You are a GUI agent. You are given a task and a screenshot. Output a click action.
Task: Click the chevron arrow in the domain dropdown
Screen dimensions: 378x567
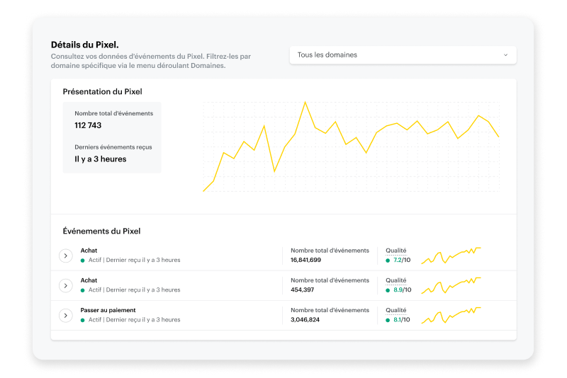pos(505,55)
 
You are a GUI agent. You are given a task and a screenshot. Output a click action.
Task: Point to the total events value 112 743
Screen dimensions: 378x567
pos(88,125)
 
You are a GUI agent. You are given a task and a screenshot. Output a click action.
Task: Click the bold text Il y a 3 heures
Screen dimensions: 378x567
pos(101,159)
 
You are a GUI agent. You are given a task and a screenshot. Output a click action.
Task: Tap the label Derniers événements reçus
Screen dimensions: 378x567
pos(113,147)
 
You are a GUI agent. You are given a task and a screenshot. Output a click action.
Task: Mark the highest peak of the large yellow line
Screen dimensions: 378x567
pos(305,103)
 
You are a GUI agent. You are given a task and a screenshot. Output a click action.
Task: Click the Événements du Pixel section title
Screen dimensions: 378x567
pos(101,231)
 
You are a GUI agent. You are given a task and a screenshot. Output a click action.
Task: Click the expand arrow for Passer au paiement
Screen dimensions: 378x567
pos(66,315)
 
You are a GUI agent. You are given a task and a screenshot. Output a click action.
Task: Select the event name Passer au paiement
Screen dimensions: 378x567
pos(108,310)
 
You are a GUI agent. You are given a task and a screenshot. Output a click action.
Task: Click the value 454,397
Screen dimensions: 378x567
pos(303,290)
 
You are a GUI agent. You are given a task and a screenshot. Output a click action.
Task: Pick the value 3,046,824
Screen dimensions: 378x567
pos(305,320)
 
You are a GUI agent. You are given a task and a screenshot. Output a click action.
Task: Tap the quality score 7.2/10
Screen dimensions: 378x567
pos(402,260)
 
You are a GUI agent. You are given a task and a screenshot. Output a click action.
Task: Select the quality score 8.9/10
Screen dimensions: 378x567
pos(402,290)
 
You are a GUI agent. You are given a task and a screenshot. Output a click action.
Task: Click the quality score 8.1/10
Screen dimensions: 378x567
pos(402,320)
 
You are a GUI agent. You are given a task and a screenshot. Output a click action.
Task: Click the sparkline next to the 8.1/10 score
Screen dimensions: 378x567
pos(451,315)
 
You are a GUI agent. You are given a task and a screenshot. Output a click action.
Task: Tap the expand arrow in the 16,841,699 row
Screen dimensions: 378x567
pos(66,256)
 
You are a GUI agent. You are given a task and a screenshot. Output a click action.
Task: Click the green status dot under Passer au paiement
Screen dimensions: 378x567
pos(83,320)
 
